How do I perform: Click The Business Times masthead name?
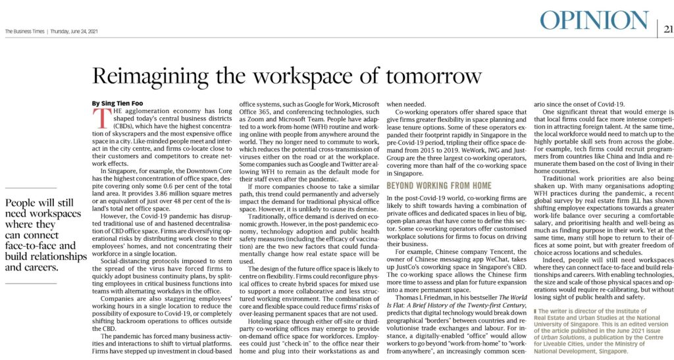(24, 30)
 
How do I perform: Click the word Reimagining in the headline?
(157, 76)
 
